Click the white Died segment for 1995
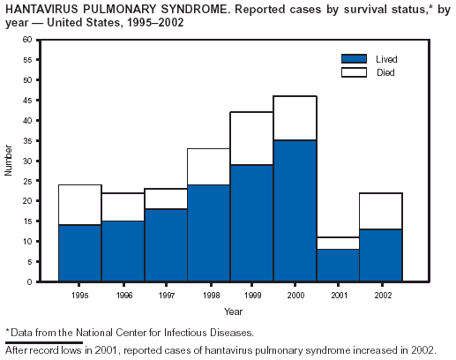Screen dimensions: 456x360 point(80,205)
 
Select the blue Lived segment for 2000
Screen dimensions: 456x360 point(295,211)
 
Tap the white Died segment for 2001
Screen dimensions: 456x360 point(338,244)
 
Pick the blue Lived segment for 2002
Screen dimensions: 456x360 point(381,255)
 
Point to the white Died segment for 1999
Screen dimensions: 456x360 point(251,139)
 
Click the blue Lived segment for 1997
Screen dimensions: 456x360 point(166,245)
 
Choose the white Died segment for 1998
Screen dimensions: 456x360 point(209,167)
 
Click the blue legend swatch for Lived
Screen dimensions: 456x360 point(354,59)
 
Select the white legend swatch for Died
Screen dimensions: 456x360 point(354,72)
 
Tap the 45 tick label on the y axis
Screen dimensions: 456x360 point(27,101)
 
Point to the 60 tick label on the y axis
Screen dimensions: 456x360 point(27,40)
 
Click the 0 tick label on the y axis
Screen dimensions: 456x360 point(29,281)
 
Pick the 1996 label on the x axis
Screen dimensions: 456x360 point(124,295)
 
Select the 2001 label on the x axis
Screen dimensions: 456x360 point(340,295)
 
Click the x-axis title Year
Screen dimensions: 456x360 point(233,311)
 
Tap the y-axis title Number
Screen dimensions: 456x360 point(8,161)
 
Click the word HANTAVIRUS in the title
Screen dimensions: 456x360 point(41,10)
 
